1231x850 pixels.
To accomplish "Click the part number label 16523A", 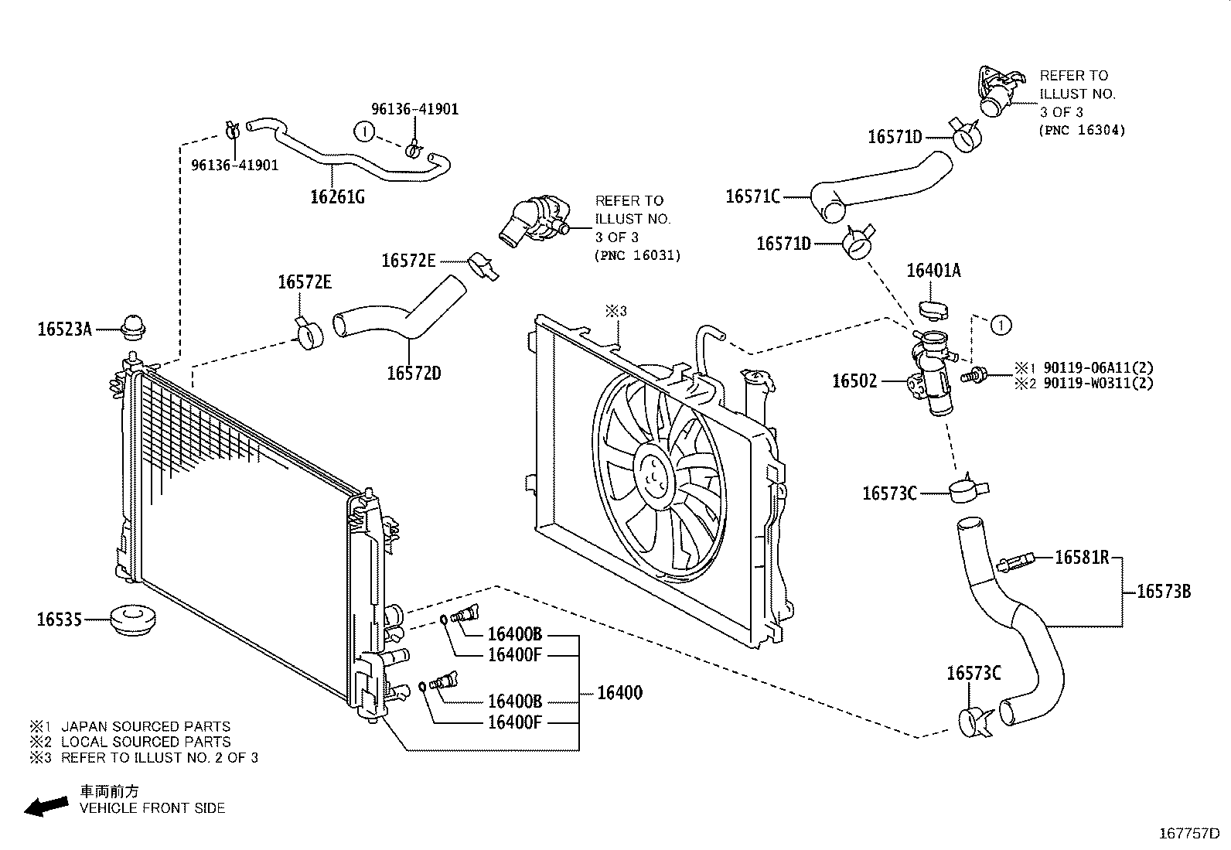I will [x=64, y=330].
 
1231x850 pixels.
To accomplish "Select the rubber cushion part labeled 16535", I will [x=131, y=620].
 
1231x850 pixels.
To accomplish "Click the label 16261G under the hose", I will [x=337, y=196].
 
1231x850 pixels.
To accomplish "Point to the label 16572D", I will [x=414, y=374].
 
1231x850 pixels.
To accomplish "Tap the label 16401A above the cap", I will [x=933, y=271].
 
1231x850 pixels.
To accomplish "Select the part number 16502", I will [x=854, y=381].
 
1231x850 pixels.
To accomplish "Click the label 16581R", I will [x=1082, y=557].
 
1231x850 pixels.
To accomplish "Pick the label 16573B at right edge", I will [x=1163, y=592].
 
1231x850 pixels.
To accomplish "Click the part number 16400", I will [x=619, y=692].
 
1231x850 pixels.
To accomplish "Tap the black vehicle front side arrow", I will [x=45, y=807].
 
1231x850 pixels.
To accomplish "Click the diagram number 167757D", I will [x=1188, y=834].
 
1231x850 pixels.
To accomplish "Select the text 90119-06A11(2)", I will [x=1098, y=368].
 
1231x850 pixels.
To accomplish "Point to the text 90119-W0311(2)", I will [x=1098, y=383].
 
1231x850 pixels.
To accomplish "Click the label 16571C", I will [x=752, y=196].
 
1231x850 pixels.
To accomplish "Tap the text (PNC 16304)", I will [x=1082, y=131].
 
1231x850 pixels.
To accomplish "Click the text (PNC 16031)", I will [x=638, y=256].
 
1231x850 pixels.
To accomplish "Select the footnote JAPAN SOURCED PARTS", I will [x=145, y=726].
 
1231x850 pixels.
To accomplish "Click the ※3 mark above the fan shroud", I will [x=615, y=311].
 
